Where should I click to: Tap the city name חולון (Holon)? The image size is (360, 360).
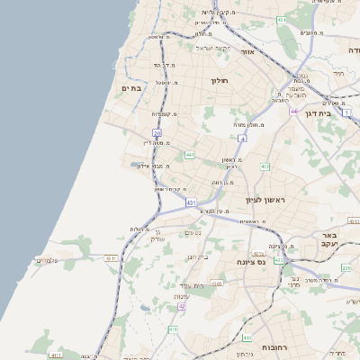click(221, 81)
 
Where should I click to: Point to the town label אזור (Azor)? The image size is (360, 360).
click(249, 52)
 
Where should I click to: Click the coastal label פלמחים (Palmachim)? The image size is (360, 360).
click(46, 260)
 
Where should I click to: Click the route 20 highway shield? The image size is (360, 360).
click(157, 132)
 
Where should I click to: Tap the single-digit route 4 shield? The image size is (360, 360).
click(242, 139)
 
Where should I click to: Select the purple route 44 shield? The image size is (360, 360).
click(293, 111)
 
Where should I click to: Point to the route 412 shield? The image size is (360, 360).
click(265, 166)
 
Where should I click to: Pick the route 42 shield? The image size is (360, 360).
click(182, 306)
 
